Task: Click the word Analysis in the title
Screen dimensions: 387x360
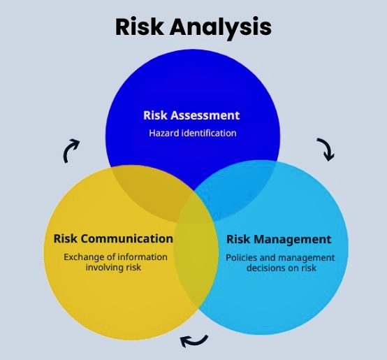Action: point(221,28)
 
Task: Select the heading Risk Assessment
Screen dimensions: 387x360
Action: point(191,115)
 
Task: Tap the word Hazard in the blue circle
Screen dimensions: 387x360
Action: point(164,133)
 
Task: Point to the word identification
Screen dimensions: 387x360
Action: point(209,133)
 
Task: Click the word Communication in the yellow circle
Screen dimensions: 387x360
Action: point(126,239)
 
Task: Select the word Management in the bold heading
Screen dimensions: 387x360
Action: point(292,239)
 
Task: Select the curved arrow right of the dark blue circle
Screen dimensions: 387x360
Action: point(327,149)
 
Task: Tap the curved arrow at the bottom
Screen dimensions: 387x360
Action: point(194,342)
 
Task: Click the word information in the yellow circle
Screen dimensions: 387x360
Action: point(143,257)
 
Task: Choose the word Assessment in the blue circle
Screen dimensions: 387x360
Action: point(205,115)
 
